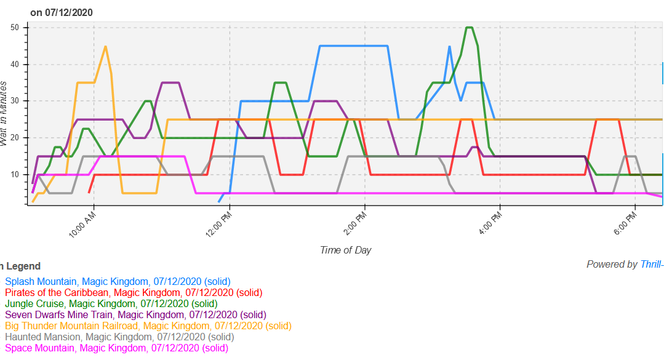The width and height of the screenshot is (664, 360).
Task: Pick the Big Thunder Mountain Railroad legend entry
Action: tap(148, 326)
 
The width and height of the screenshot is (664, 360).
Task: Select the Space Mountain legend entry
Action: tap(116, 348)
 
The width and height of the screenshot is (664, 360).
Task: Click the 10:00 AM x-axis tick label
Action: tap(82, 225)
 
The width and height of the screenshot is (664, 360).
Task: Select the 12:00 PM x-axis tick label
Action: tap(218, 225)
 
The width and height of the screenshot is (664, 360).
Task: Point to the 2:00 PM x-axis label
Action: tap(354, 225)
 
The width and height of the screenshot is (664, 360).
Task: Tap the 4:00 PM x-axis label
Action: tap(490, 225)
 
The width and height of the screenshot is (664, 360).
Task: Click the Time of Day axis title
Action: tap(345, 250)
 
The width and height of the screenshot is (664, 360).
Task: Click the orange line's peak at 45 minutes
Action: tap(105, 46)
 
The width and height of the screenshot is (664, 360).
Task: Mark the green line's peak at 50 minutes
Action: tap(470, 28)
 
